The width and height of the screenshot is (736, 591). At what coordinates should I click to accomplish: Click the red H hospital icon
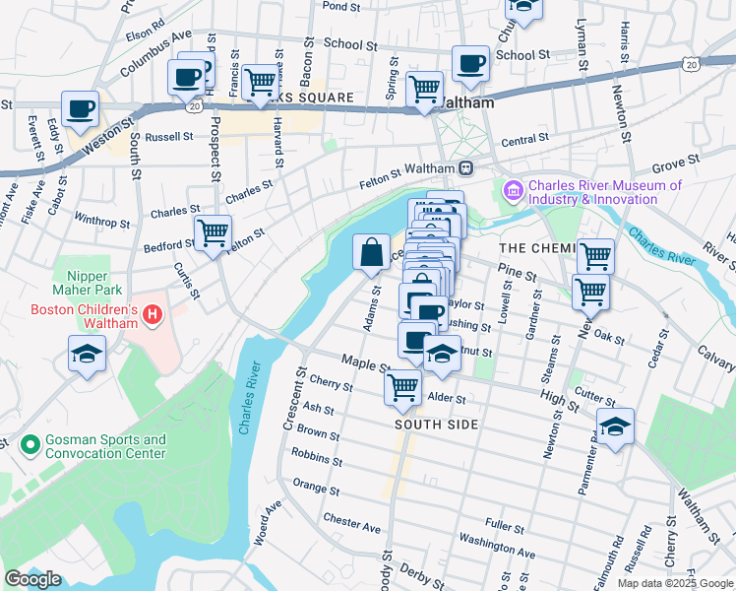point(153,315)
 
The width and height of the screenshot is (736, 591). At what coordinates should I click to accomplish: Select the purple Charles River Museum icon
point(514,189)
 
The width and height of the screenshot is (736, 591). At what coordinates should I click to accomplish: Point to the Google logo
point(32,579)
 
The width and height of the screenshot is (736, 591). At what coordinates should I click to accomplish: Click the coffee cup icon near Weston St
point(80,107)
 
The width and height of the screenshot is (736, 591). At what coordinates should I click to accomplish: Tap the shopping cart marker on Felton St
point(213,232)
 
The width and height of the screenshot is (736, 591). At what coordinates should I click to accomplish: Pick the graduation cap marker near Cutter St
point(615,427)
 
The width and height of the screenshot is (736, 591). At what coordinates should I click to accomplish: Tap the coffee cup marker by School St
point(470,63)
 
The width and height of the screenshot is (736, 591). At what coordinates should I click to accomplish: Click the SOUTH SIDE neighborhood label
point(436,425)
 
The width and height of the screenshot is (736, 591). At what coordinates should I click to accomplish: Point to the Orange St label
point(315,488)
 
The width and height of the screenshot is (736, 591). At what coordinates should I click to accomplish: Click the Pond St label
point(342,6)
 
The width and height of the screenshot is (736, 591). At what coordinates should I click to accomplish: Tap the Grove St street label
point(675,159)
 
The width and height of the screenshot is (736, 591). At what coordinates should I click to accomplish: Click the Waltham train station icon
point(465,167)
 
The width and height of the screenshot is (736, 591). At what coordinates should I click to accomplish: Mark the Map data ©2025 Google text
point(674,583)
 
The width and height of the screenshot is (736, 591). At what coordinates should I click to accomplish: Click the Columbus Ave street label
point(155,54)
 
